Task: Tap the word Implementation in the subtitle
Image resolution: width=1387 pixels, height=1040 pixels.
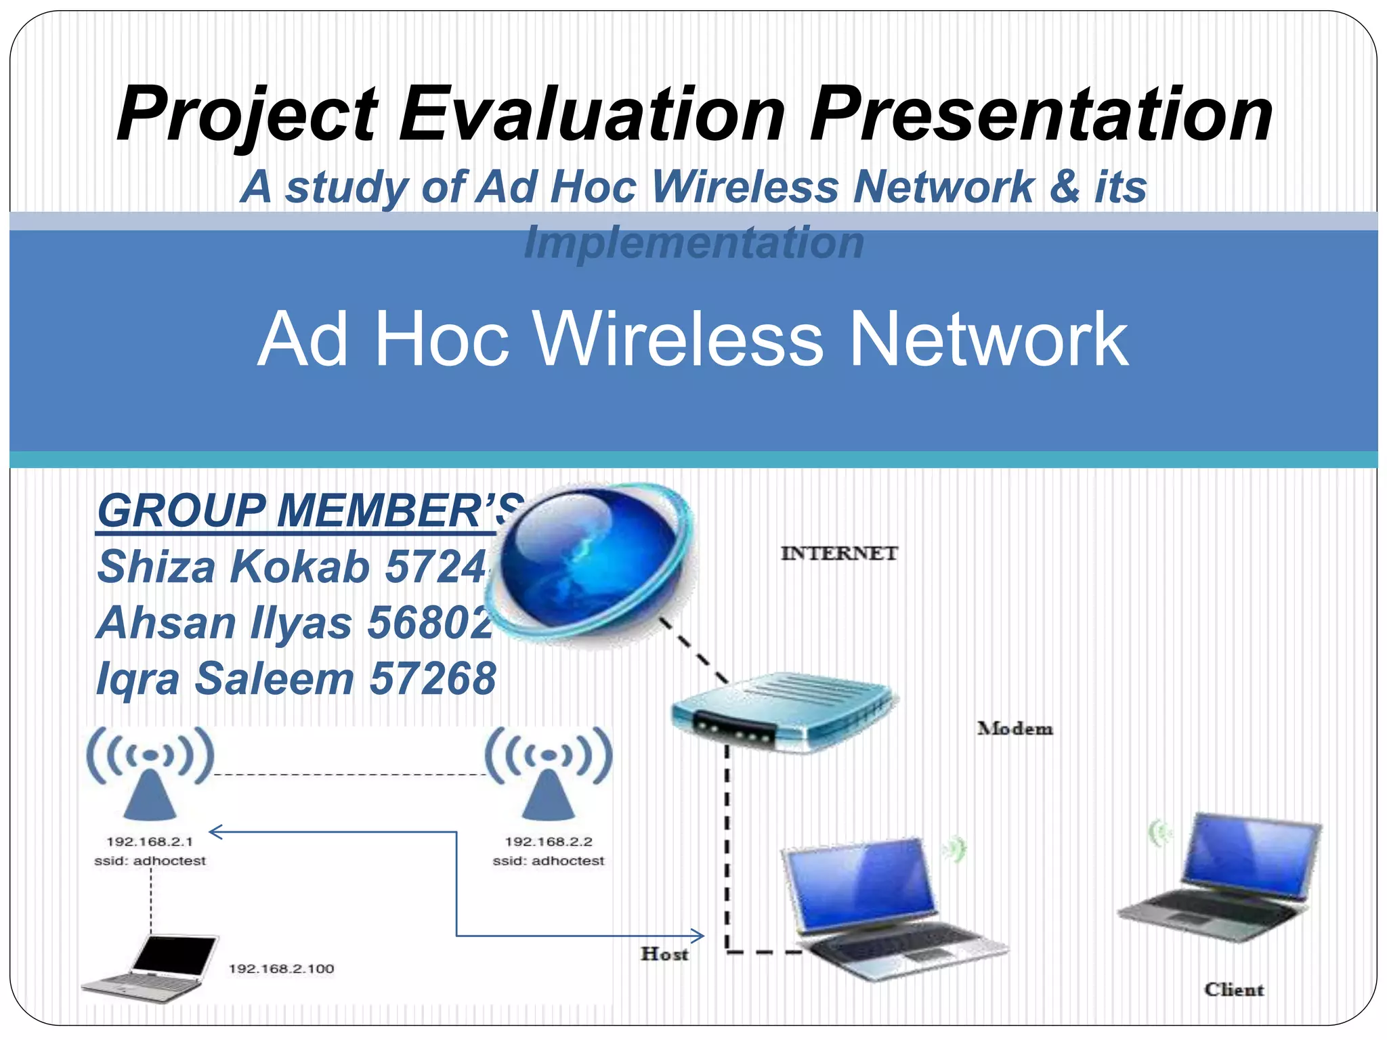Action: point(693,242)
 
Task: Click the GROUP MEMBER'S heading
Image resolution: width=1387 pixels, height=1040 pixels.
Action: point(308,511)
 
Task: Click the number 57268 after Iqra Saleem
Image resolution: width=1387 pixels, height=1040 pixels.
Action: point(433,678)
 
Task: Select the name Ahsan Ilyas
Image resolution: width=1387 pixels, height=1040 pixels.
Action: point(223,622)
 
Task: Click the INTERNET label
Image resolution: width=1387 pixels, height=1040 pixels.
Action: point(838,554)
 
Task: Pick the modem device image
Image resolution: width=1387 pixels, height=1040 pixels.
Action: point(782,711)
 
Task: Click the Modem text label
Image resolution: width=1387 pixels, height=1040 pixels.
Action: point(1015,729)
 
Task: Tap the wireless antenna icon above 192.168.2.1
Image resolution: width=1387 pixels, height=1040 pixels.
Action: point(150,772)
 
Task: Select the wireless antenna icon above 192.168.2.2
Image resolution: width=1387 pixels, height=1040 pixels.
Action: point(549,772)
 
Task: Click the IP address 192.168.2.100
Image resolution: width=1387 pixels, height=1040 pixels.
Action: point(281,969)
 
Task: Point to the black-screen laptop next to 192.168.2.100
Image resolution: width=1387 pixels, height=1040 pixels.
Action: point(152,968)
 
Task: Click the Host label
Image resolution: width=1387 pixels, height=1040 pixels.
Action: point(664,954)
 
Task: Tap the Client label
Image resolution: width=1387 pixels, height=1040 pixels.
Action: point(1233,990)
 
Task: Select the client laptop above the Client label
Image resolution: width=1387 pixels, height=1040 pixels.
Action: point(1219,880)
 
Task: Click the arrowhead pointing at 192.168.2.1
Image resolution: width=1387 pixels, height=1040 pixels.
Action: point(215,832)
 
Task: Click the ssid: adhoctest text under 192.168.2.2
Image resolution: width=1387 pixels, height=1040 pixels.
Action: point(548,861)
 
